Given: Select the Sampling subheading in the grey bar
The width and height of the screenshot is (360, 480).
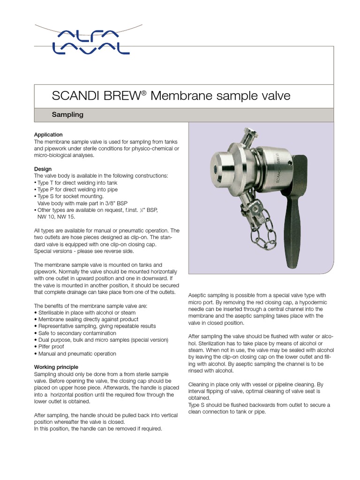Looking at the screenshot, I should [67, 114].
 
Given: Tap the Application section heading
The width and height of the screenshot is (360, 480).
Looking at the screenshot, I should [48, 135].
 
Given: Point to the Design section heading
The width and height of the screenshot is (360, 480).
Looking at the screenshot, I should [43, 169].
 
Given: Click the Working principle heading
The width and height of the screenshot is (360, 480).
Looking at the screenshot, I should [56, 367].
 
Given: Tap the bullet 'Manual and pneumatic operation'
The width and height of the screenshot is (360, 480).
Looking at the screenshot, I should [75, 354].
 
